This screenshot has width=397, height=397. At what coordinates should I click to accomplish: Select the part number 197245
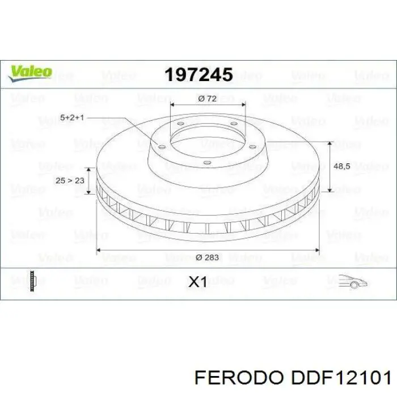pos(198,74)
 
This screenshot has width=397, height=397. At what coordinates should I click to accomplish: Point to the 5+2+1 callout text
pos(72,117)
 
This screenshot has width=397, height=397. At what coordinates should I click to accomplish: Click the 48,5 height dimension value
pos(357,167)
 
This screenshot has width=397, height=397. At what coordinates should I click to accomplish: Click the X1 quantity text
pos(197,282)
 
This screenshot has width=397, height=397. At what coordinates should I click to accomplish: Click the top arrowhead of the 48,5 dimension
pos(330,143)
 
